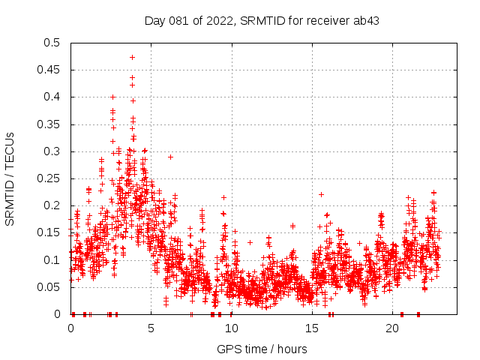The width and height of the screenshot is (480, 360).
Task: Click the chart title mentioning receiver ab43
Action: point(262,21)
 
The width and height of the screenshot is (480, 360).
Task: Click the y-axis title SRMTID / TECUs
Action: point(10,178)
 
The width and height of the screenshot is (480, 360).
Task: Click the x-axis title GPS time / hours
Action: point(262,349)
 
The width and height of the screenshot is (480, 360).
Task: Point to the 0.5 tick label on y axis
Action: point(52,43)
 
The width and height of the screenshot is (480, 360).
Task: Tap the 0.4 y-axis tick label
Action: point(52,97)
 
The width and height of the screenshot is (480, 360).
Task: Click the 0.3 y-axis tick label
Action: point(52,151)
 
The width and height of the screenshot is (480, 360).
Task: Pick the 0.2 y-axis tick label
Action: point(52,205)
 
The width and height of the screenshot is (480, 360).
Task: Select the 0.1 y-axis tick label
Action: point(52,260)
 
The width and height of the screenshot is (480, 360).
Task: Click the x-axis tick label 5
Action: point(151,328)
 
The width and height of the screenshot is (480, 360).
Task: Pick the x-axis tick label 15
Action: point(311,328)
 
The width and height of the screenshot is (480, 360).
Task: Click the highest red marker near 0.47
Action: point(133,57)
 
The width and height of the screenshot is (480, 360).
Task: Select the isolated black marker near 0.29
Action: point(170,157)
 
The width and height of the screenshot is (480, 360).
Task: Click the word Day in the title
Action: point(154,21)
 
